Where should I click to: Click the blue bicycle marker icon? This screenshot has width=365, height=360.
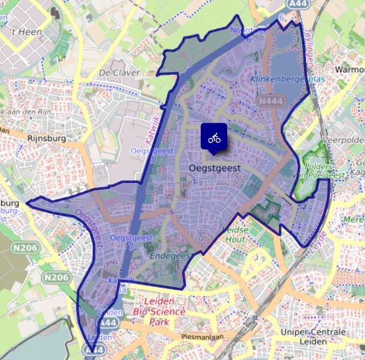pyautogui.click(x=213, y=137)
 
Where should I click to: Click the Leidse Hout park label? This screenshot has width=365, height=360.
pyautogui.click(x=237, y=234)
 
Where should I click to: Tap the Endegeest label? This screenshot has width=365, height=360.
pyautogui.click(x=170, y=255)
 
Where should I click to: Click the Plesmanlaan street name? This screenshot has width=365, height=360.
pyautogui.click(x=201, y=337)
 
